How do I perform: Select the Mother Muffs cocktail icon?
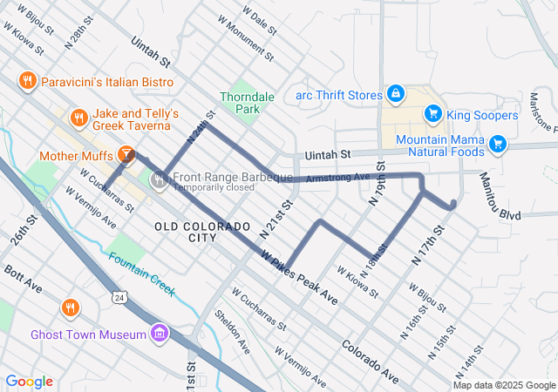pos(126,155)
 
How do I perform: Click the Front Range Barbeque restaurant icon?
pos(159,181)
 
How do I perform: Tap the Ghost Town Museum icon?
pos(159,334)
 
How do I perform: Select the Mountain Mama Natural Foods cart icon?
pos(498,143)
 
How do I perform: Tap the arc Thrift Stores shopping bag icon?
pos(395,93)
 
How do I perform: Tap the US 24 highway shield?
pos(117,298)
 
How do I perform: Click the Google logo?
pos(29,382)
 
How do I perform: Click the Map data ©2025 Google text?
pos(504,385)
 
